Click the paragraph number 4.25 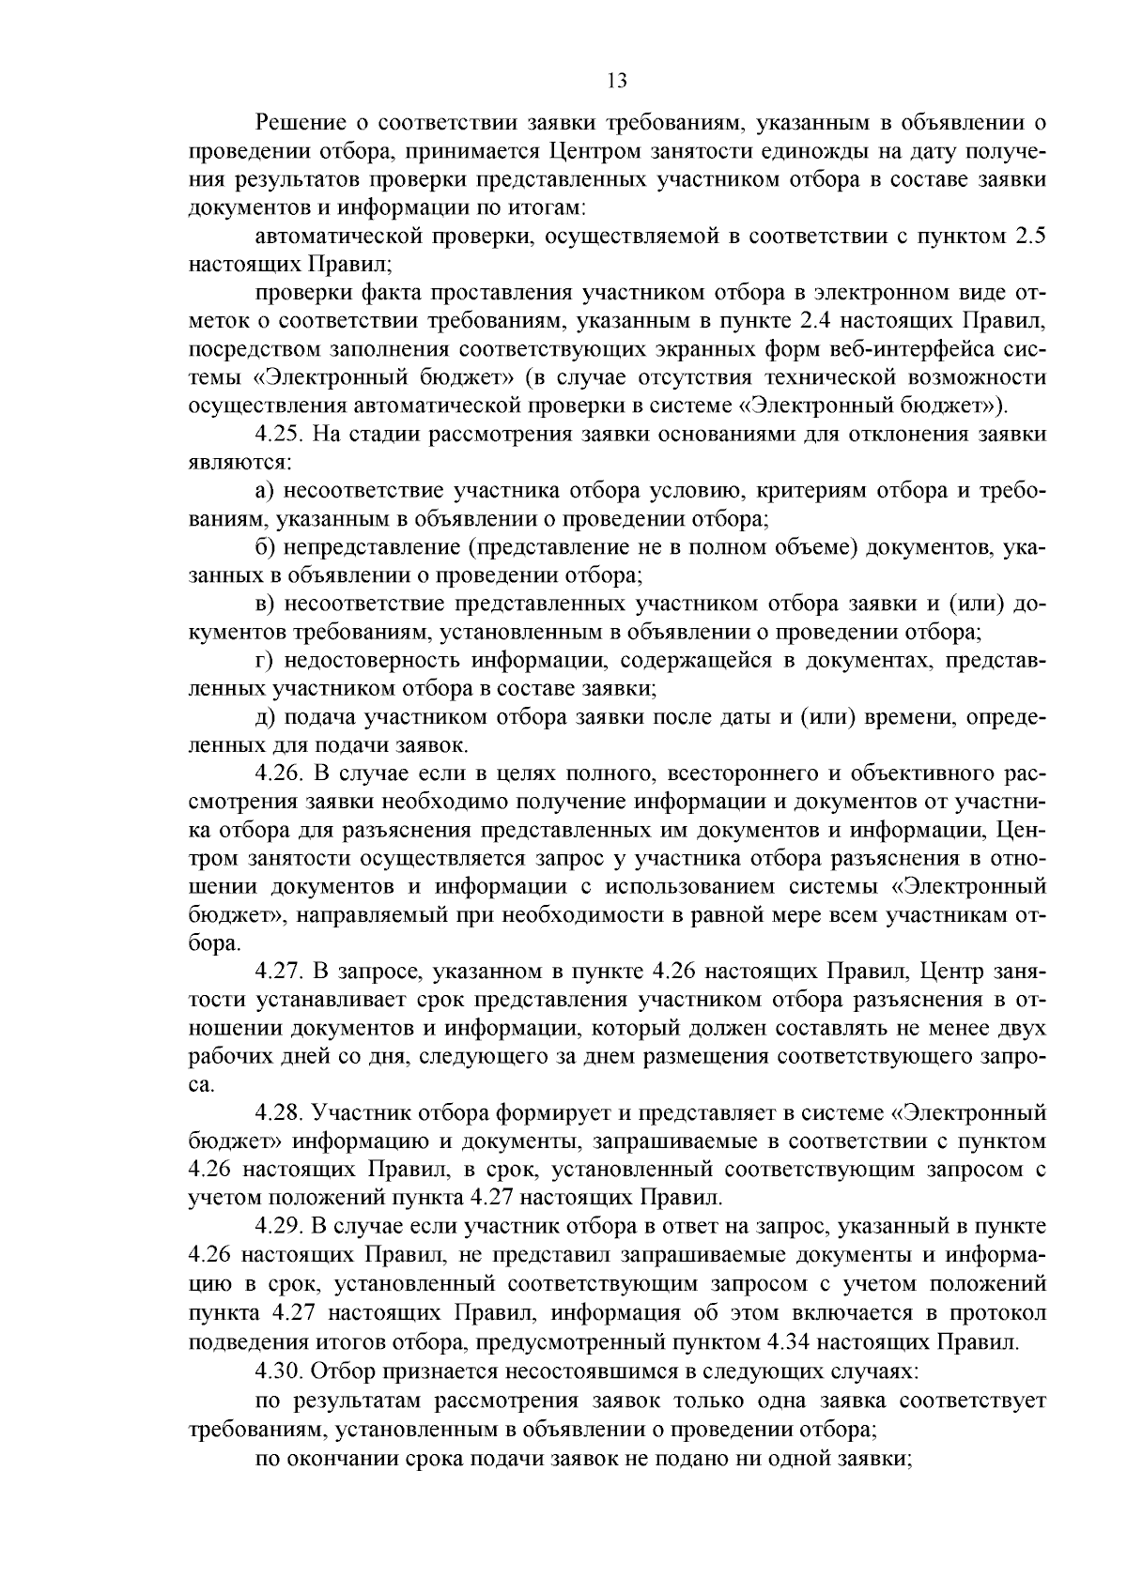[279, 434]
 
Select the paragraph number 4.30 [279, 1371]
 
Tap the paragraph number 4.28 [279, 1113]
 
